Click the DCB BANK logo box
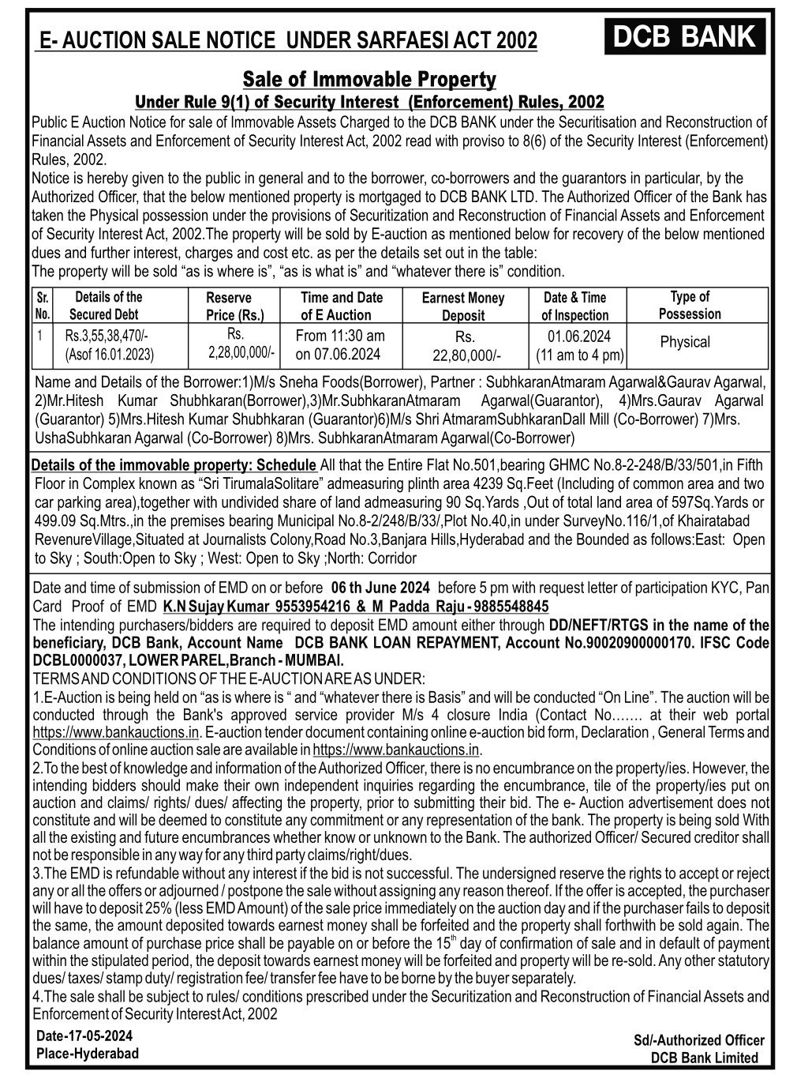coord(684,37)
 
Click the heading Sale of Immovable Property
coord(369,80)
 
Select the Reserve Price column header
coord(229,306)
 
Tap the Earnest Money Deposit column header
coord(462,306)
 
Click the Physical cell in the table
coord(684,342)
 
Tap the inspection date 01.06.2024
coord(579,336)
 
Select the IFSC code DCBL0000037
coord(76,660)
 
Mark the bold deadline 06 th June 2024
coord(380,588)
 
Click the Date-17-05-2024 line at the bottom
coord(84,1036)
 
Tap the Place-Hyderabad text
coord(87,1053)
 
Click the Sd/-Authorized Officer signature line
coord(699,1041)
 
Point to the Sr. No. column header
coord(43,306)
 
